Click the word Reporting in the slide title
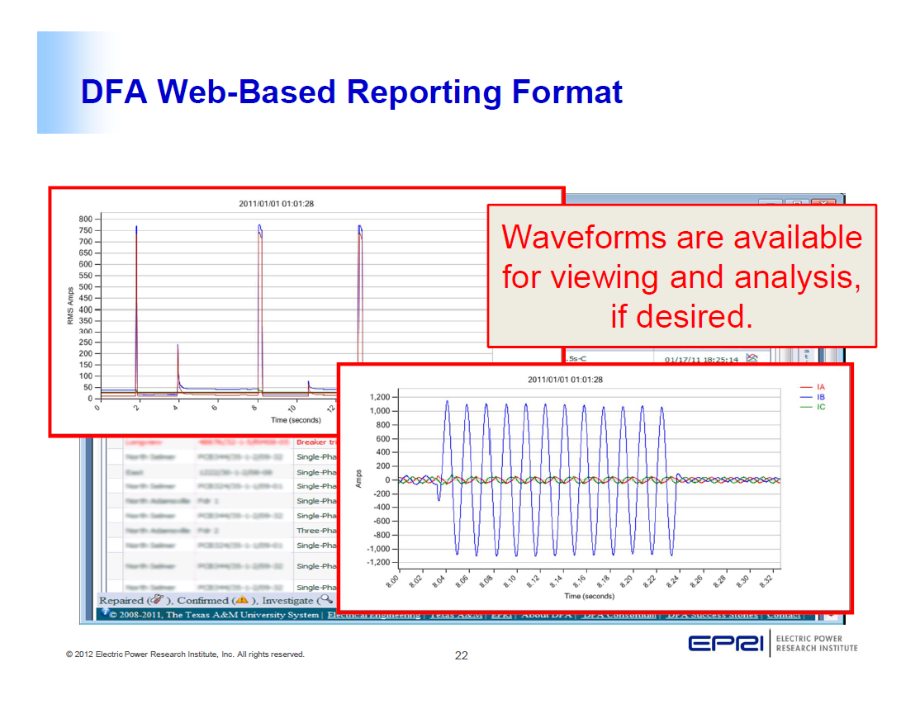422,92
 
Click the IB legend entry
820,397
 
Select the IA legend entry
820,387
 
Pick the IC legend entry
820,407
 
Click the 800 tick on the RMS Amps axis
85,220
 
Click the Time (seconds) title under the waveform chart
589,596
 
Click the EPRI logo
726,644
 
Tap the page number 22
461,656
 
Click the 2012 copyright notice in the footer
185,654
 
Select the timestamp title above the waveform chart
565,380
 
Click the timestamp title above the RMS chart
276,204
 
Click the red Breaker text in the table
311,442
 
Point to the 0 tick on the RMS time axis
98,408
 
